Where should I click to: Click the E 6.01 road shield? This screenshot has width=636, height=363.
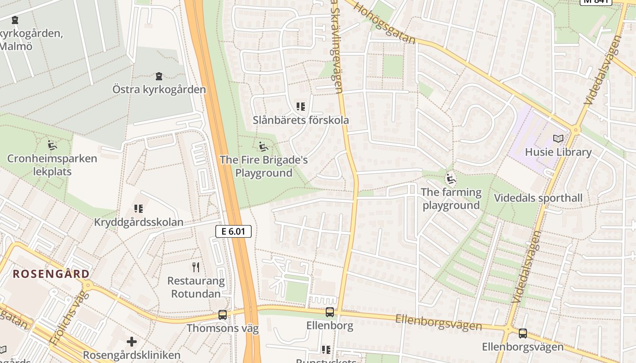point(233,231)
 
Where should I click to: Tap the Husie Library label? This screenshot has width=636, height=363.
point(558,152)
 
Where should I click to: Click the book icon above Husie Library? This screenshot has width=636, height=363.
point(558,139)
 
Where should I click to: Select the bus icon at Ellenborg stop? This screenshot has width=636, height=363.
point(330,312)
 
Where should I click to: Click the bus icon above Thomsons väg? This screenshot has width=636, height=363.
point(223,314)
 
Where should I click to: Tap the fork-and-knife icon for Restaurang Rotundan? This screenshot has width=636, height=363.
point(196,267)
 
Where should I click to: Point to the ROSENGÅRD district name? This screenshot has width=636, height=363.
point(51,274)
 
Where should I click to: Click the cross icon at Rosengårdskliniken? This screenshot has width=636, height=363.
point(132,341)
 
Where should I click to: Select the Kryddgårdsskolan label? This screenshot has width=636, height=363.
point(139,222)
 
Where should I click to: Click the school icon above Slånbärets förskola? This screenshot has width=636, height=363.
point(301,107)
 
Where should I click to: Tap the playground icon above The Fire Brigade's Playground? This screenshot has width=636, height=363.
point(263,147)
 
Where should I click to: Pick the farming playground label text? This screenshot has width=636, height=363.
point(451,199)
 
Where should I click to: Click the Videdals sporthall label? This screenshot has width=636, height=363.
point(538,198)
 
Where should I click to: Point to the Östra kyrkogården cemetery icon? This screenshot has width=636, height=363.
point(159,76)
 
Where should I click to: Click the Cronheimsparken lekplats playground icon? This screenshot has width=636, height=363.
point(52,146)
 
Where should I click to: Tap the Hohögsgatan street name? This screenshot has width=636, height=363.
point(384,23)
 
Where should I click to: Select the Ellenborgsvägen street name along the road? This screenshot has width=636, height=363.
point(438,322)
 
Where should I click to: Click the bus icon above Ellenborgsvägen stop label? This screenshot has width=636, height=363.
point(523,334)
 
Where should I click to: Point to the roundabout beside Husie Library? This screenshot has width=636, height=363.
point(576,130)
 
